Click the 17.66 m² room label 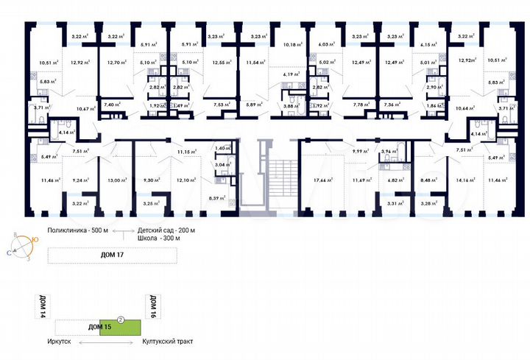(319, 179)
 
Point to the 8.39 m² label (218, 198)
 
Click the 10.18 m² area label (292, 45)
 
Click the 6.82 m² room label (395, 179)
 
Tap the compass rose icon (22, 245)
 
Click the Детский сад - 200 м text (166, 231)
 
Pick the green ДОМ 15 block (118, 326)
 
